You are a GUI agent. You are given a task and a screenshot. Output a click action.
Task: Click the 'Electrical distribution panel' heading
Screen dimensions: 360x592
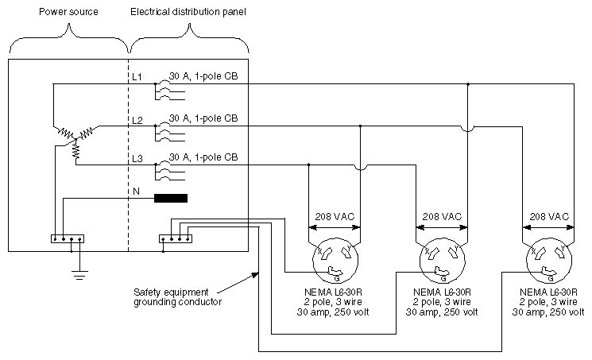click(x=189, y=13)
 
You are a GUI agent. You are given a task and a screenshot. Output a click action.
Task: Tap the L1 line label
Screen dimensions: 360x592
click(x=137, y=76)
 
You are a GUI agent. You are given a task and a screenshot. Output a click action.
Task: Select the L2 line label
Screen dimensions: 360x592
click(x=137, y=120)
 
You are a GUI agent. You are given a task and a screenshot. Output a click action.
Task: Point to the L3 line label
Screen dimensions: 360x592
click(x=137, y=159)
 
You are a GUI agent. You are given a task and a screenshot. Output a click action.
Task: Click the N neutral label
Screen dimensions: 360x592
click(x=137, y=192)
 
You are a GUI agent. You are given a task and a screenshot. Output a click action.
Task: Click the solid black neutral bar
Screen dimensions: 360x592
click(x=171, y=199)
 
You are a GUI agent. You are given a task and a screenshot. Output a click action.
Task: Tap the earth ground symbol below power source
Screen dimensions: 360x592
click(x=77, y=274)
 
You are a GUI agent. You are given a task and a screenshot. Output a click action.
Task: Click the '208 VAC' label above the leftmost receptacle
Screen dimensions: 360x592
click(x=334, y=216)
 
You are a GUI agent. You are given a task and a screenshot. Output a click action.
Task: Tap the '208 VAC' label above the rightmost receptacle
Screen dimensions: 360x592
click(x=549, y=216)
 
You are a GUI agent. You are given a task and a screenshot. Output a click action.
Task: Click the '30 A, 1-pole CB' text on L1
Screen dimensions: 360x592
click(x=203, y=76)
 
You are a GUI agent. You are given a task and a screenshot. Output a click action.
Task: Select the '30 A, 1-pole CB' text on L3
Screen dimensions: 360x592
click(x=203, y=157)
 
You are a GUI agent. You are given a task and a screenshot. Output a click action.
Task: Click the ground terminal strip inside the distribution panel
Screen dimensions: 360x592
click(x=176, y=238)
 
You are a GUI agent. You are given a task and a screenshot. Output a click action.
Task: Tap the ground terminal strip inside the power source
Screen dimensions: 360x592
click(x=67, y=238)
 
